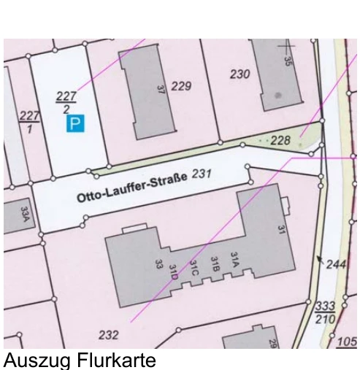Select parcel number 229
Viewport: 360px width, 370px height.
pyautogui.click(x=180, y=87)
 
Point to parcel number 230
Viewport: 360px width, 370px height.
pyautogui.click(x=240, y=74)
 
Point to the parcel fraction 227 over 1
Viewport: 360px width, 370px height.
pyautogui.click(x=28, y=121)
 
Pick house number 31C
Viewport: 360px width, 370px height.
pyautogui.click(x=194, y=269)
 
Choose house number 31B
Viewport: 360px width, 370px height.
pyautogui.click(x=215, y=263)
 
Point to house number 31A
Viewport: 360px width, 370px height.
pyautogui.click(x=234, y=260)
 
